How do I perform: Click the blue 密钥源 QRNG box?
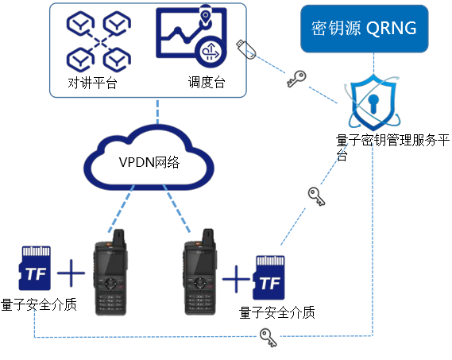[365, 29]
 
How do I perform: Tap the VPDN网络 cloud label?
[149, 162]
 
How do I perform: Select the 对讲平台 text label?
[92, 83]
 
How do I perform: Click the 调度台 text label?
[207, 82]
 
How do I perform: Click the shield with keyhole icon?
[373, 103]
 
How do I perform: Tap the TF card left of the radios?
[35, 268]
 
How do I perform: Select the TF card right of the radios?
[269, 277]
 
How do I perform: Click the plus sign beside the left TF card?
[71, 273]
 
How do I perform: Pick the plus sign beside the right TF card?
[236, 279]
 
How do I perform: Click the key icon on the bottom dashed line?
[268, 337]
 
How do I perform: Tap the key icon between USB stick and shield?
[296, 78]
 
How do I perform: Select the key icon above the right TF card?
[316, 196]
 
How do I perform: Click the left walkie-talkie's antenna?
[119, 237]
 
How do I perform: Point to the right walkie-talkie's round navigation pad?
[199, 283]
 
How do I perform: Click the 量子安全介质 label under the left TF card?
[39, 304]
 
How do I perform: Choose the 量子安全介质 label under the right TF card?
[276, 312]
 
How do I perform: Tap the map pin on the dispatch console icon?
[205, 15]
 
